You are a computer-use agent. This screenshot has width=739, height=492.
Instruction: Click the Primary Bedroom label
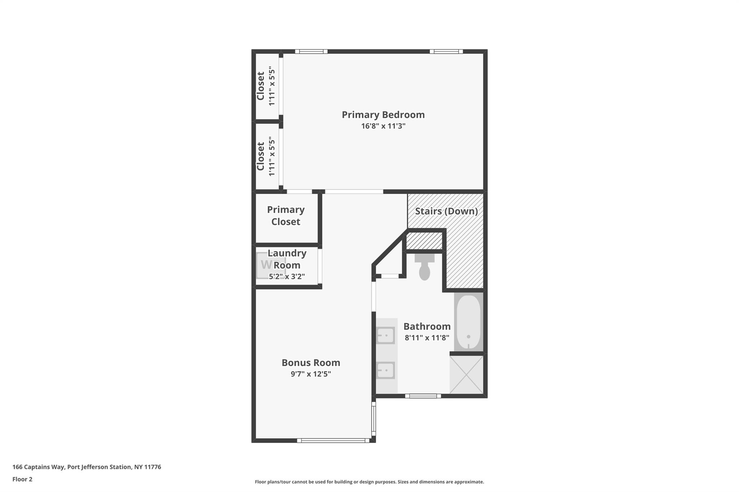(x=383, y=115)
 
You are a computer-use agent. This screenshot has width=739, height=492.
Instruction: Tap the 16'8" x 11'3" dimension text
(x=383, y=126)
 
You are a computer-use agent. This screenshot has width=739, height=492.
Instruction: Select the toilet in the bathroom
(x=425, y=267)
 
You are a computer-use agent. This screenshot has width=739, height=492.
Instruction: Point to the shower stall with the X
(x=467, y=374)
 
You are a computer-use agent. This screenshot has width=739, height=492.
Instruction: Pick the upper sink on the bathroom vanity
(x=386, y=336)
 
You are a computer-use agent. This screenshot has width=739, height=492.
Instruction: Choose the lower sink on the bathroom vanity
(x=386, y=370)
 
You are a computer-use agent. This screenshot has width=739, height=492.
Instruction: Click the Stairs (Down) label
(x=446, y=211)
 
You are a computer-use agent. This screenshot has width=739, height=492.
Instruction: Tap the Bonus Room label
(x=311, y=363)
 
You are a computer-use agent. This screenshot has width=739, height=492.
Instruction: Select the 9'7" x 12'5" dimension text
(x=311, y=374)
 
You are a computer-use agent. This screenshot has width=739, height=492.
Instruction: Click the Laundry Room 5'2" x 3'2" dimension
(x=287, y=277)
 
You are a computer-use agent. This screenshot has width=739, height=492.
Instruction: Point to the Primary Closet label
(x=286, y=216)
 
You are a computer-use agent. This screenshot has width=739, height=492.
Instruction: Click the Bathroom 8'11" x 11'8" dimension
(x=427, y=338)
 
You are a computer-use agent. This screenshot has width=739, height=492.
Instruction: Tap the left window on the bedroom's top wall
(x=311, y=52)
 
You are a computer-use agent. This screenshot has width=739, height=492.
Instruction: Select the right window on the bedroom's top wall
(x=446, y=52)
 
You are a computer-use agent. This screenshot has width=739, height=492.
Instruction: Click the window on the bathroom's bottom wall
(x=423, y=396)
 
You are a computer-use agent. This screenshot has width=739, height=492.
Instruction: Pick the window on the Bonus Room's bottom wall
(x=333, y=440)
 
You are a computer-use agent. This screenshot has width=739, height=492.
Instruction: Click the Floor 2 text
(x=22, y=479)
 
